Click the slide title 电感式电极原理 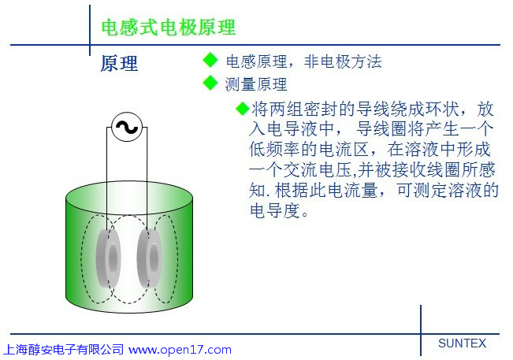pos(169,27)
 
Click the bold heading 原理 pos(119,64)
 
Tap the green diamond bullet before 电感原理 pos(210,60)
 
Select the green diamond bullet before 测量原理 pos(210,83)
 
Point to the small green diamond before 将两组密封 pos(243,109)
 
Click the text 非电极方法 pos(343,61)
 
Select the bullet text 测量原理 pos(256,84)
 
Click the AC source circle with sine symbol pos(127,127)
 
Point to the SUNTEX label pos(462,343)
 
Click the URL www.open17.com pos(180,350)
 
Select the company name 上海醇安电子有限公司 pos(64,350)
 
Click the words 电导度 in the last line pos(275,210)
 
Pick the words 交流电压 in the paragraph pos(317,169)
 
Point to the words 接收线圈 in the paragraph pos(426,169)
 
